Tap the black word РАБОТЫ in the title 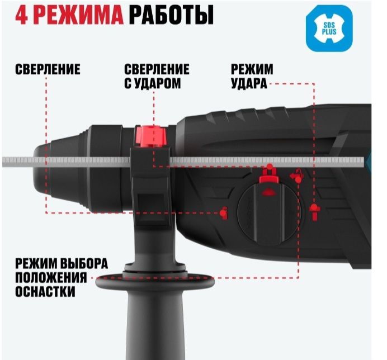[x=171, y=15]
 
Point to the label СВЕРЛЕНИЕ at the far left [x=48, y=70]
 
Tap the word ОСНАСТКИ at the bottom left [x=46, y=292]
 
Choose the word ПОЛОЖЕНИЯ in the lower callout [x=51, y=278]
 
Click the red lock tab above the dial [x=269, y=174]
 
